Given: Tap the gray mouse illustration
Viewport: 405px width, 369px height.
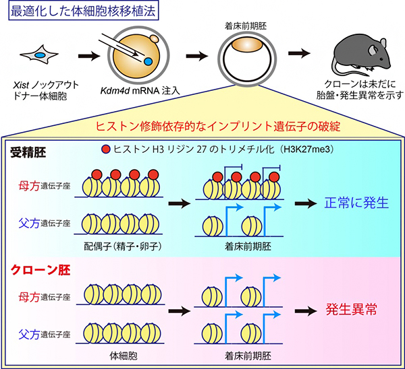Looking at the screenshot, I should pyautogui.click(x=358, y=55).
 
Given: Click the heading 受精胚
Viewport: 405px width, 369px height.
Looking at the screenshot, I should pyautogui.click(x=26, y=150).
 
